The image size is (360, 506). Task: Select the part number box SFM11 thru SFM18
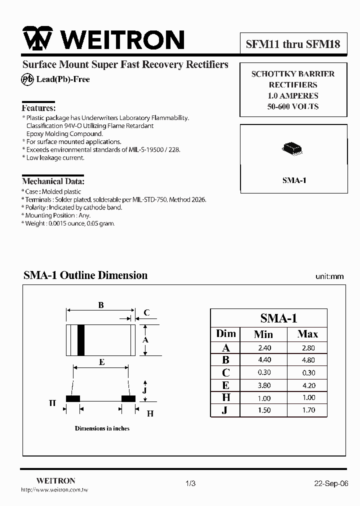(293, 44)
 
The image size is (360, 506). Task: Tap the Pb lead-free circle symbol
(27, 79)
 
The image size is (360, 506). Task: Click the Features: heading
(38, 108)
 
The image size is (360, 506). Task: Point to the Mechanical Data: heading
(53, 181)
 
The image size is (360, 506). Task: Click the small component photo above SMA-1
(292, 148)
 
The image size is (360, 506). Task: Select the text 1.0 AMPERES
(293, 95)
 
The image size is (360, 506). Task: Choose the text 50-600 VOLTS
(293, 106)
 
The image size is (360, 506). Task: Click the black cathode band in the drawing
(80, 339)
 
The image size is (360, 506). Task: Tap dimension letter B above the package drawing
(101, 305)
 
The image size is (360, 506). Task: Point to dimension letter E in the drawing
(102, 362)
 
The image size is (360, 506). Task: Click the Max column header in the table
(307, 334)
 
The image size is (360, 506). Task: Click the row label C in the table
(225, 372)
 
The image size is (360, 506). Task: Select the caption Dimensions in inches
(102, 428)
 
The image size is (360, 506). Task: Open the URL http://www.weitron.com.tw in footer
(54, 490)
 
